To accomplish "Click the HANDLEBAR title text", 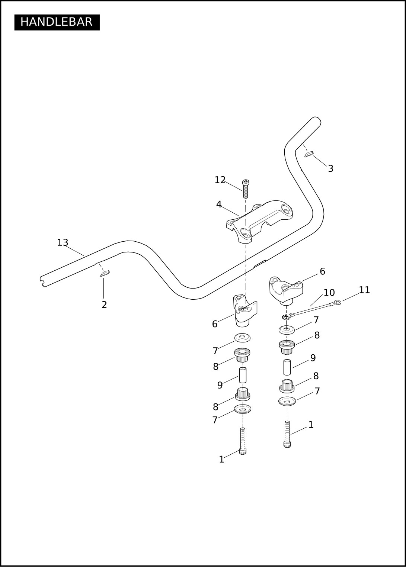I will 57,22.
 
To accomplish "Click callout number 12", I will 220,180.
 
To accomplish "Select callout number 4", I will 219,204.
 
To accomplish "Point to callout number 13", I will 63,243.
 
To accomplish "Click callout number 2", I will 104,305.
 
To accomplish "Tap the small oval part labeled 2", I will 105,274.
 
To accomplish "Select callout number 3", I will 330,169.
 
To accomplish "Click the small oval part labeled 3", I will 309,154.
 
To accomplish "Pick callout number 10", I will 329,293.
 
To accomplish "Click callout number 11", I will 364,290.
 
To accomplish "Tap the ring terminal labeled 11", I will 338,303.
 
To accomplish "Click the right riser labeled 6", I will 286,289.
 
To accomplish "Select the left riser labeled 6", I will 244,310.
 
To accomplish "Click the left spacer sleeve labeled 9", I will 243,375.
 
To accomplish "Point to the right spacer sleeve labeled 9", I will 287,367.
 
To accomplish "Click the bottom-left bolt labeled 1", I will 243,441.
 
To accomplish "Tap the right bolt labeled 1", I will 287,434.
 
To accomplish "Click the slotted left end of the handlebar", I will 43,281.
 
